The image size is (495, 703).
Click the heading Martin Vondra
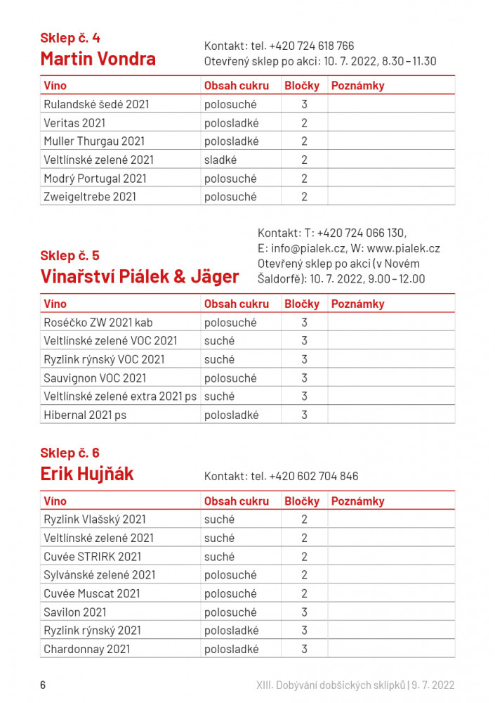pyautogui.click(x=98, y=58)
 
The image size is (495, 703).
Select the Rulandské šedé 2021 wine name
pyautogui.click(x=96, y=105)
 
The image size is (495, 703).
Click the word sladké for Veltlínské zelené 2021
pyautogui.click(x=220, y=160)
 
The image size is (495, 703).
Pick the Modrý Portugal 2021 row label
pyautogui.click(x=95, y=179)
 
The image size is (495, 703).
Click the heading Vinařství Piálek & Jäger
pyautogui.click(x=140, y=276)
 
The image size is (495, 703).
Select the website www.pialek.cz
pyautogui.click(x=403, y=248)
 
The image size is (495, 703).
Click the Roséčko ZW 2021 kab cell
pyautogui.click(x=98, y=323)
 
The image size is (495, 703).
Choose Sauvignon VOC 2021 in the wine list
pyautogui.click(x=95, y=378)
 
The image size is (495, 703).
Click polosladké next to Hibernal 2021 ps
pyautogui.click(x=232, y=415)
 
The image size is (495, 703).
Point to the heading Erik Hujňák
pyautogui.click(x=87, y=475)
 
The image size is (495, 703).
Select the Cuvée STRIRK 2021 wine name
pyautogui.click(x=93, y=557)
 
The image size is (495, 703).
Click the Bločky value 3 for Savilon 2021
pyautogui.click(x=305, y=612)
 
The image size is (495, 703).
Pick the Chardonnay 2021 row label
pyautogui.click(x=87, y=649)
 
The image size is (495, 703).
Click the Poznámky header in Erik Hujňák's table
pyautogui.click(x=357, y=501)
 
